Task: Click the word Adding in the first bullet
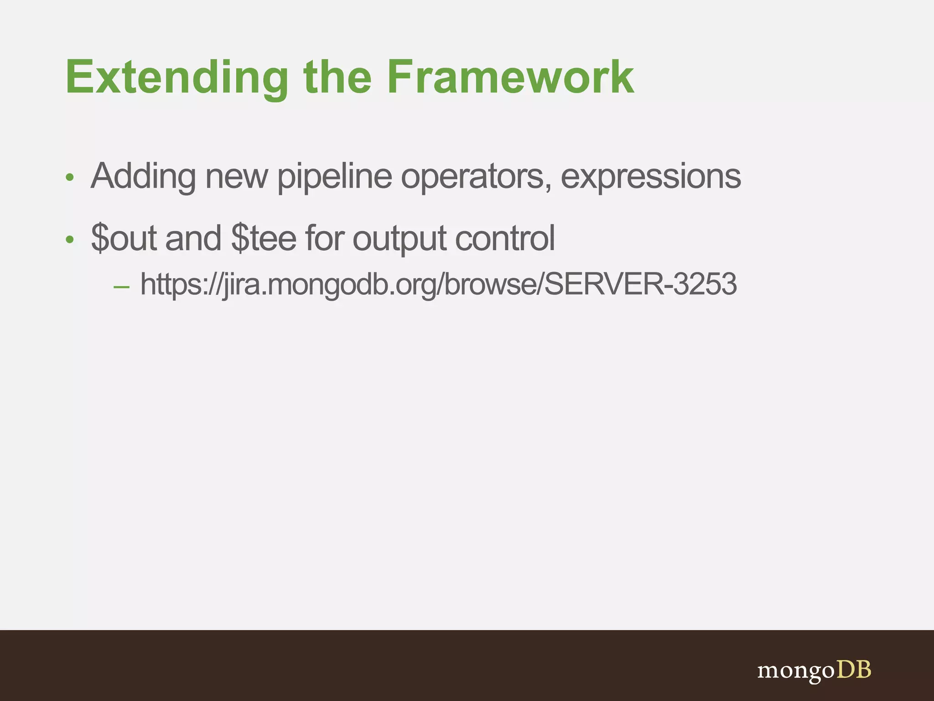pyautogui.click(x=143, y=177)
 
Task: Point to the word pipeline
pyautogui.click(x=334, y=177)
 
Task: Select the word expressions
pyautogui.click(x=650, y=177)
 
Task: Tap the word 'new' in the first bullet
pyautogui.click(x=236, y=177)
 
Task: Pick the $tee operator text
pyautogui.click(x=264, y=238)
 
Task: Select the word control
pyautogui.click(x=504, y=238)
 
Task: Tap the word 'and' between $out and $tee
pyautogui.click(x=193, y=238)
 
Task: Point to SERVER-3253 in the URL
pyautogui.click(x=640, y=284)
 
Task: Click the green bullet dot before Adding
pyautogui.click(x=69, y=178)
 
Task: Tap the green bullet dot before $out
pyautogui.click(x=69, y=239)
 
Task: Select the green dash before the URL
pyautogui.click(x=121, y=287)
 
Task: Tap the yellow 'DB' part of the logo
pyautogui.click(x=853, y=670)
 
